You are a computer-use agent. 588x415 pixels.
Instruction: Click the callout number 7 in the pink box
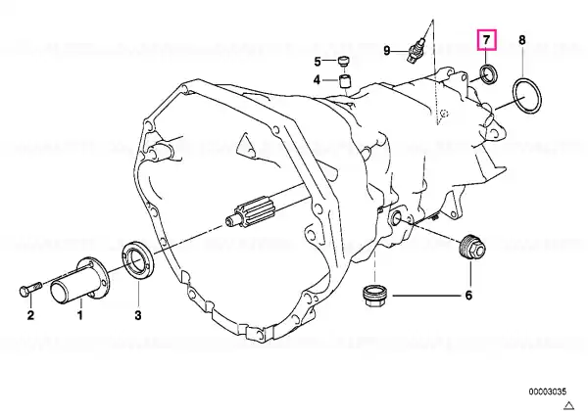[486, 39]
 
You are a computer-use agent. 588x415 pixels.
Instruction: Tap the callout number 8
[522, 40]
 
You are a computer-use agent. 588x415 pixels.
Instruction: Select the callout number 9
[387, 50]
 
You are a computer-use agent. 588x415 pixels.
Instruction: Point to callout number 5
[318, 62]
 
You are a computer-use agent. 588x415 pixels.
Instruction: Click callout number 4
[317, 80]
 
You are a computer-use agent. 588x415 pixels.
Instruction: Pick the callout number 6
[468, 296]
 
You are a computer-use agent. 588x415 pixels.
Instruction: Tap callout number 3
[138, 315]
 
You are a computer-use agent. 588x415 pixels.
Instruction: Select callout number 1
[80, 315]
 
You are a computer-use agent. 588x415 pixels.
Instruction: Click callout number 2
[30, 315]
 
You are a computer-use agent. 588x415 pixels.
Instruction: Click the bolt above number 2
[28, 290]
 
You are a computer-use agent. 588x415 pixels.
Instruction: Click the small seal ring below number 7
[489, 74]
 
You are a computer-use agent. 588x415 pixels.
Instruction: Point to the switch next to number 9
[416, 49]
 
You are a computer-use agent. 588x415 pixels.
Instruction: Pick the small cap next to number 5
[343, 61]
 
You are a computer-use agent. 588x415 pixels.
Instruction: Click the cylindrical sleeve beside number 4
[345, 81]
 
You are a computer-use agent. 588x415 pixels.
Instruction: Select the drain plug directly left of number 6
[375, 296]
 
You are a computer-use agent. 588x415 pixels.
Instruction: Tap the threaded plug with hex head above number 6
[472, 247]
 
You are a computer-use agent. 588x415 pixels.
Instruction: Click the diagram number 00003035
[548, 392]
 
